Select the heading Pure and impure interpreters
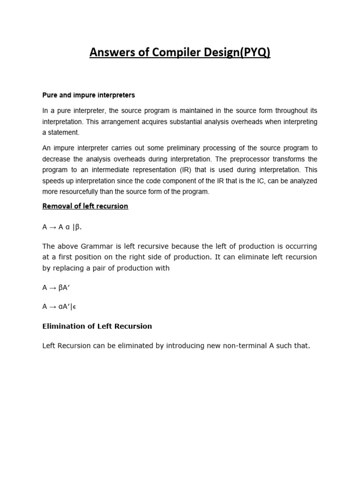point(89,95)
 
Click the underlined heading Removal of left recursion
point(85,206)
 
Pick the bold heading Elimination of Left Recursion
point(97,326)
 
